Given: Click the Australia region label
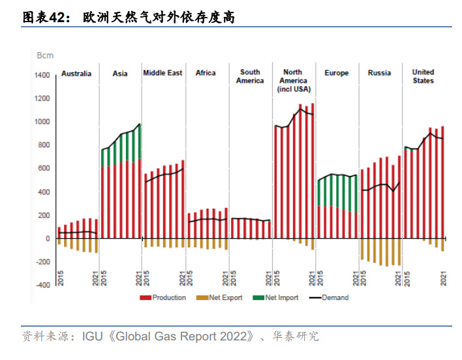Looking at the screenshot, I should click(x=76, y=74).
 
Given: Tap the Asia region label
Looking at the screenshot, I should click(x=120, y=74).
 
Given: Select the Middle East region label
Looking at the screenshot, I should click(x=162, y=73).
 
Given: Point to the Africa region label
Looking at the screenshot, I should click(x=206, y=73).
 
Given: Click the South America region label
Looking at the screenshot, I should click(x=250, y=76).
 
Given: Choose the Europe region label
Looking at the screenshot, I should click(x=337, y=73).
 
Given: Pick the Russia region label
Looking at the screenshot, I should click(x=379, y=73).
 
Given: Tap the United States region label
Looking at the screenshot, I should click(x=423, y=76).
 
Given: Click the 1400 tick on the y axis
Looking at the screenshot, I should click(x=42, y=76).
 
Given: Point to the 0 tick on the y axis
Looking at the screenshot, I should click(x=48, y=239).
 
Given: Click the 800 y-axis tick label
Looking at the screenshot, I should click(x=44, y=145).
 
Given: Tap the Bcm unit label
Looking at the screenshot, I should click(x=45, y=55).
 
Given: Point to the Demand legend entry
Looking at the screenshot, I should click(x=330, y=298).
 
